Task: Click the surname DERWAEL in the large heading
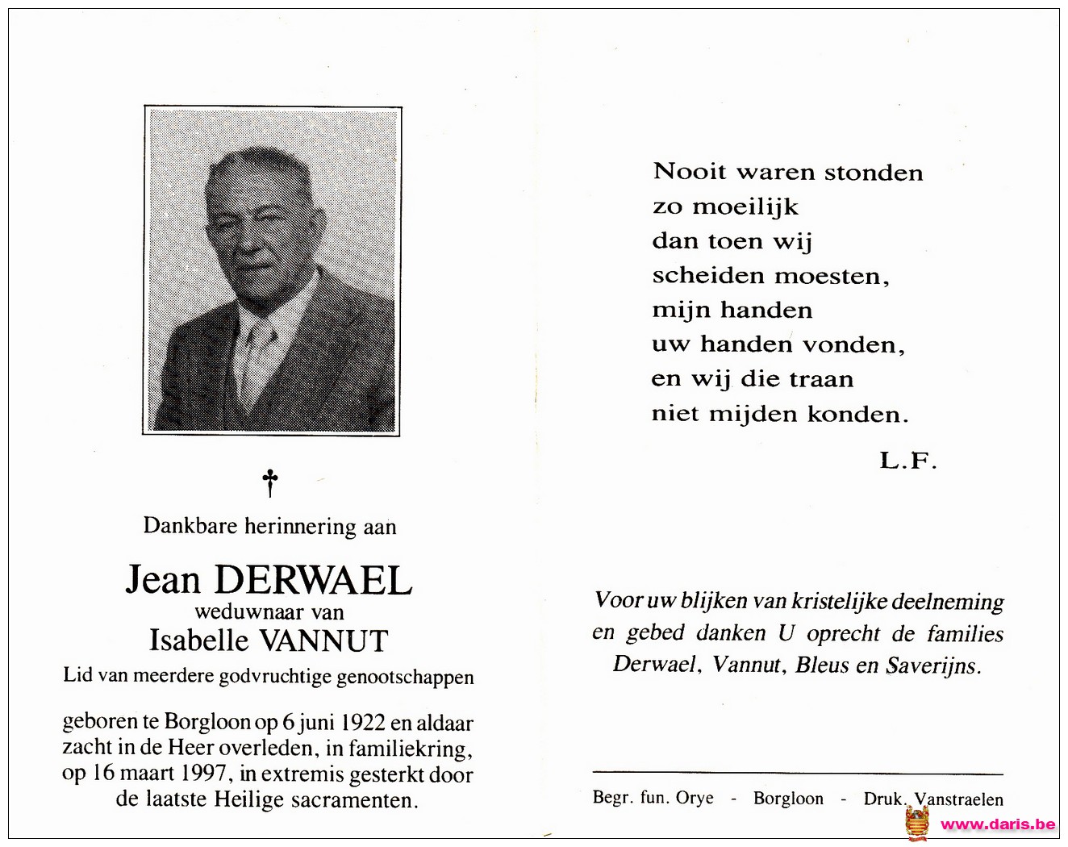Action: pos(314,580)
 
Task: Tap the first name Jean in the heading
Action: pos(163,580)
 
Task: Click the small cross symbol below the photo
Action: pos(270,483)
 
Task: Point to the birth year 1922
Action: pos(364,723)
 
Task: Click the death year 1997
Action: pos(208,774)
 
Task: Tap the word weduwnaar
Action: pos(238,612)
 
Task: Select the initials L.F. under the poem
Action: pos(907,461)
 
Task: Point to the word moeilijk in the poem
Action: pos(745,207)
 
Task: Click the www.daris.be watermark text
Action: pos(998,824)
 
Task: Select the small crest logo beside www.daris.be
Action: pos(917,824)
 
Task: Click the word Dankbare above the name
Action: pos(190,526)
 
